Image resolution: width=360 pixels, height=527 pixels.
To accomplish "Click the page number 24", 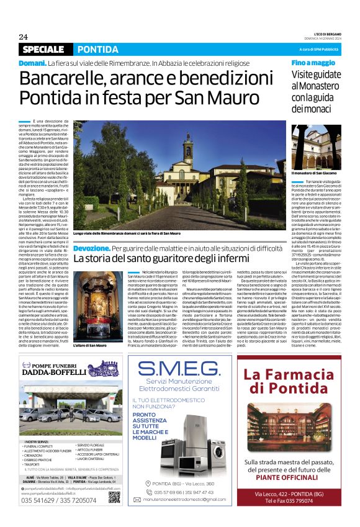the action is [x=23, y=37].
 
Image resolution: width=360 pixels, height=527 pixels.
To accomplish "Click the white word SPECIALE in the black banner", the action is [x=43, y=49].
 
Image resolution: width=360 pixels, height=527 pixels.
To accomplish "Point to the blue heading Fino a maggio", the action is [x=313, y=63].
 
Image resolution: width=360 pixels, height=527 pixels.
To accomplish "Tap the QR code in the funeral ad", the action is [x=114, y=496].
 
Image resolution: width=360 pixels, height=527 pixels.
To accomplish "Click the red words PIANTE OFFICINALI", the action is [x=290, y=477].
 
